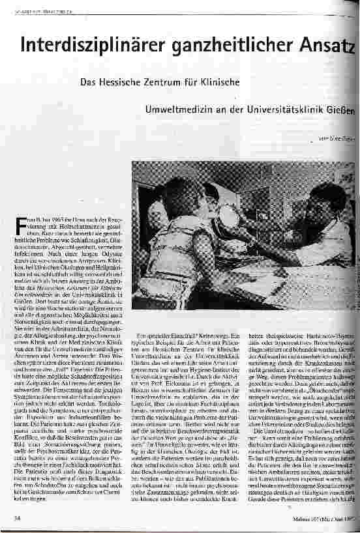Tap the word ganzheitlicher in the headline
tap(220, 45)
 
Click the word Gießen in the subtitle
tap(342, 109)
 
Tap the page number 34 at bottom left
tap(16, 519)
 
